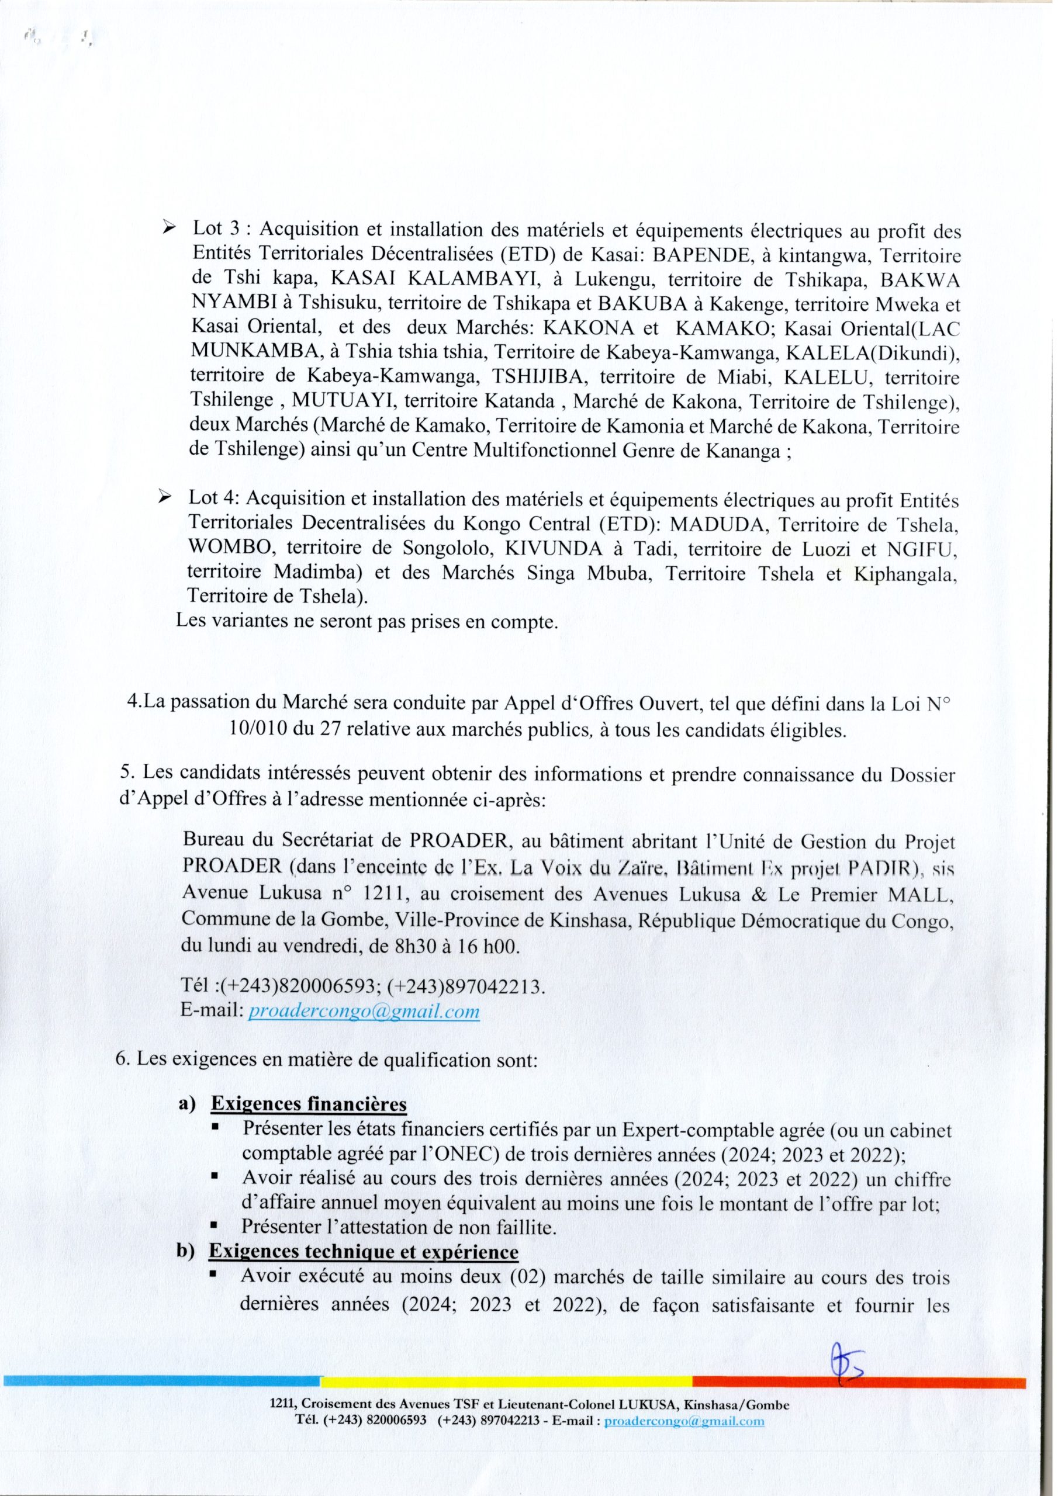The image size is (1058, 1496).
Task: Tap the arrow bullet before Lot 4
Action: coord(165,498)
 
